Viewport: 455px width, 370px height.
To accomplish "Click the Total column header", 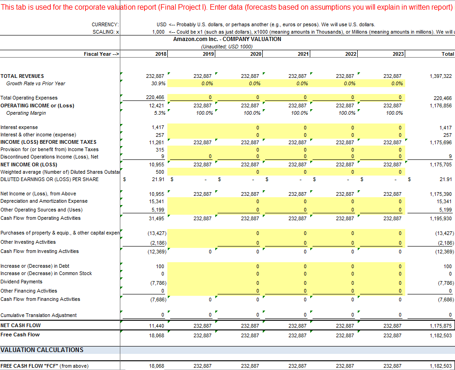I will pos(448,54).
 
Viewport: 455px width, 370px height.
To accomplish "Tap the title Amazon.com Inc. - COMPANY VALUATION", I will pos(227,39).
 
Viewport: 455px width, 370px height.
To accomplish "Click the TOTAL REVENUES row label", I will pos(23,76).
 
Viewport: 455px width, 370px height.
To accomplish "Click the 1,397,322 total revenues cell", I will pos(441,76).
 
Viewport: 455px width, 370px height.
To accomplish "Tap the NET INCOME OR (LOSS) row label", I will pos(29,164).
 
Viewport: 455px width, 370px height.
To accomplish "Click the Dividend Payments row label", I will pos(22,282).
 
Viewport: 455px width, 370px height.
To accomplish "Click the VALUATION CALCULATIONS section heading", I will pos(42,350).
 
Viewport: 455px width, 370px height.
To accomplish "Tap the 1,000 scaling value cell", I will pos(159,32).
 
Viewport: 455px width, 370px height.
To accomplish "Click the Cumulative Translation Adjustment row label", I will pos(39,315).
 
